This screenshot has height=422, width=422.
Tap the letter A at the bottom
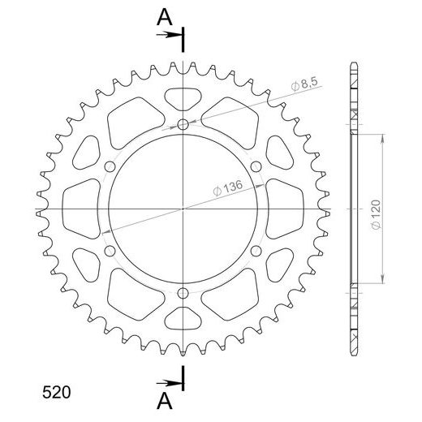pyautogui.click(x=164, y=402)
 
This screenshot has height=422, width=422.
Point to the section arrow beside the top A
pyautogui.click(x=171, y=35)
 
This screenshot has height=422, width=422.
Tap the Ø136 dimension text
pyautogui.click(x=227, y=188)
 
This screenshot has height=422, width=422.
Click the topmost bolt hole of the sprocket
pyautogui.click(x=183, y=124)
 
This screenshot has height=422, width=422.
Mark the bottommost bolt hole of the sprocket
pyautogui.click(x=183, y=293)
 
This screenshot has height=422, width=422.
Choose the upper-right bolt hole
pyautogui.click(x=256, y=166)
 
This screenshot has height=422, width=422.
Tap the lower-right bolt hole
pyautogui.click(x=256, y=251)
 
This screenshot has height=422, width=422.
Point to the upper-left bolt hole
pyautogui.click(x=110, y=166)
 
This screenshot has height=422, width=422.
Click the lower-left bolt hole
pyautogui.click(x=110, y=251)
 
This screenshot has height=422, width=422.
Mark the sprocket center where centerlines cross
pyautogui.click(x=183, y=209)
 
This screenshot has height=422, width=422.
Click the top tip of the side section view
pyautogui.click(x=354, y=63)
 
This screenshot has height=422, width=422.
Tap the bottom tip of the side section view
pyautogui.click(x=354, y=354)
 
